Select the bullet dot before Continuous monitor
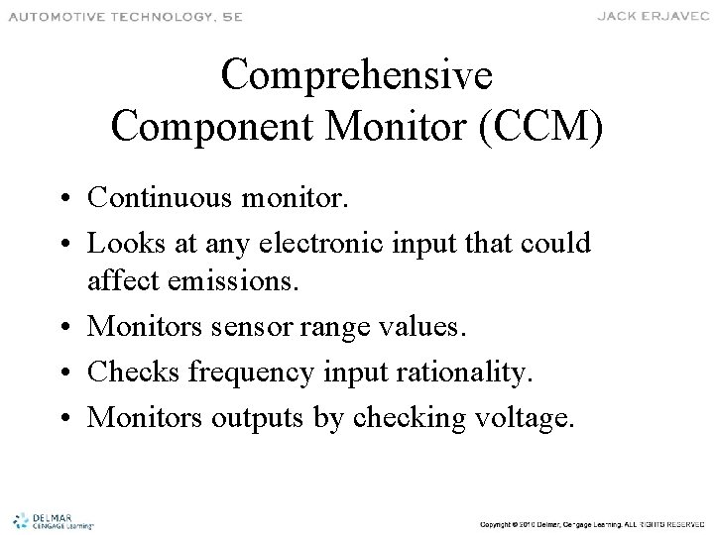[72, 198]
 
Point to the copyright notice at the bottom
[589, 521]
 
